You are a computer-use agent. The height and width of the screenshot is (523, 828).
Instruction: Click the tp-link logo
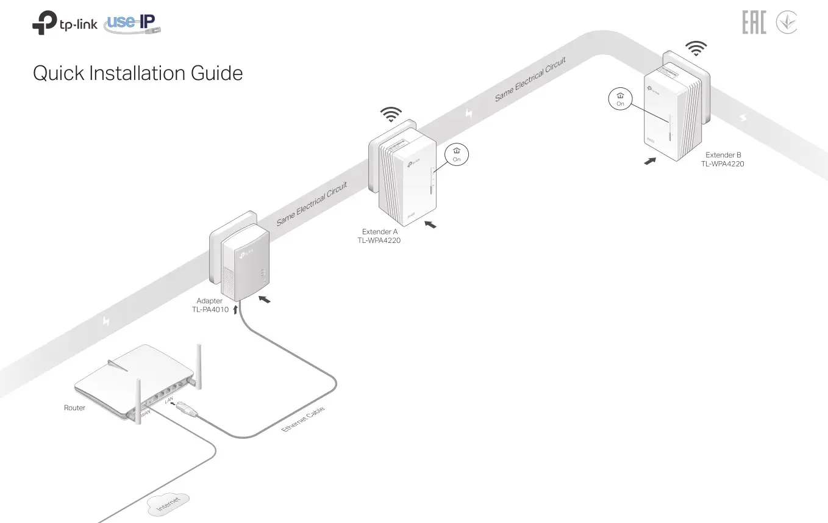pyautogui.click(x=64, y=25)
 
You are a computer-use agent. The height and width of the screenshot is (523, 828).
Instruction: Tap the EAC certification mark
pyautogui.click(x=754, y=23)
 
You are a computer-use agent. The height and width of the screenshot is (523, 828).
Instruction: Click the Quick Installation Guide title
pyautogui.click(x=138, y=74)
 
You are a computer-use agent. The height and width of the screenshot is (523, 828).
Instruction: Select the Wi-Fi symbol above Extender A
pyautogui.click(x=391, y=114)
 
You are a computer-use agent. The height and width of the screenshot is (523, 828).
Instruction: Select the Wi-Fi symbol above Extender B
pyautogui.click(x=696, y=48)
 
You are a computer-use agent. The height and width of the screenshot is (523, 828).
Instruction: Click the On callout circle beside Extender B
pyautogui.click(x=620, y=99)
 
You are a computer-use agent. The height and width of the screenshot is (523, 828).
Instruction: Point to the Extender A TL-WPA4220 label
pyautogui.click(x=379, y=236)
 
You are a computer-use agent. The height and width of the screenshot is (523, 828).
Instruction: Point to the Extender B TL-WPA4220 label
pyautogui.click(x=723, y=159)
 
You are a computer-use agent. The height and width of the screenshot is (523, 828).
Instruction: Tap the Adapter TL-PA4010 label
pyautogui.click(x=210, y=305)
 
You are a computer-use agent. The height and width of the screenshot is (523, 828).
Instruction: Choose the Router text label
pyautogui.click(x=74, y=408)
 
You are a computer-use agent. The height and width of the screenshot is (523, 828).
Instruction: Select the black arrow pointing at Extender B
pyautogui.click(x=651, y=161)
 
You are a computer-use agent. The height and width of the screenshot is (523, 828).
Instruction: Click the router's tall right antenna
pyautogui.click(x=198, y=366)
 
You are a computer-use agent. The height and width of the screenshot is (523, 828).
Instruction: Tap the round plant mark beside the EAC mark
pyautogui.click(x=786, y=23)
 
